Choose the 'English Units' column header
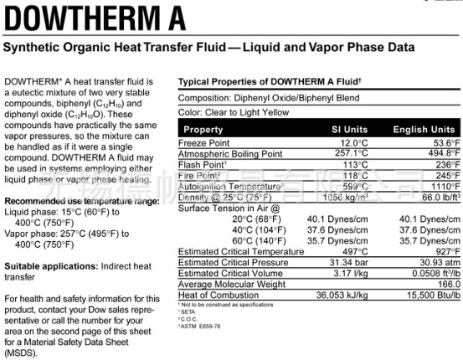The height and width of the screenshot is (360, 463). coord(424,130)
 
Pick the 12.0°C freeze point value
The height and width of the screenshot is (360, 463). coord(352,143)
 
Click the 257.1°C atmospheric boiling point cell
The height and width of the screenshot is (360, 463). coord(350,154)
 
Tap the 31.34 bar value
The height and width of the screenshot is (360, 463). coord(347,262)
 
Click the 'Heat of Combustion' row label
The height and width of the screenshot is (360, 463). coord(217,296)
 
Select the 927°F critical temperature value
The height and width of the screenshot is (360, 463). coord(444,250)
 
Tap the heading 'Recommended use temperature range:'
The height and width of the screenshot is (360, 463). coord(81,202)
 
